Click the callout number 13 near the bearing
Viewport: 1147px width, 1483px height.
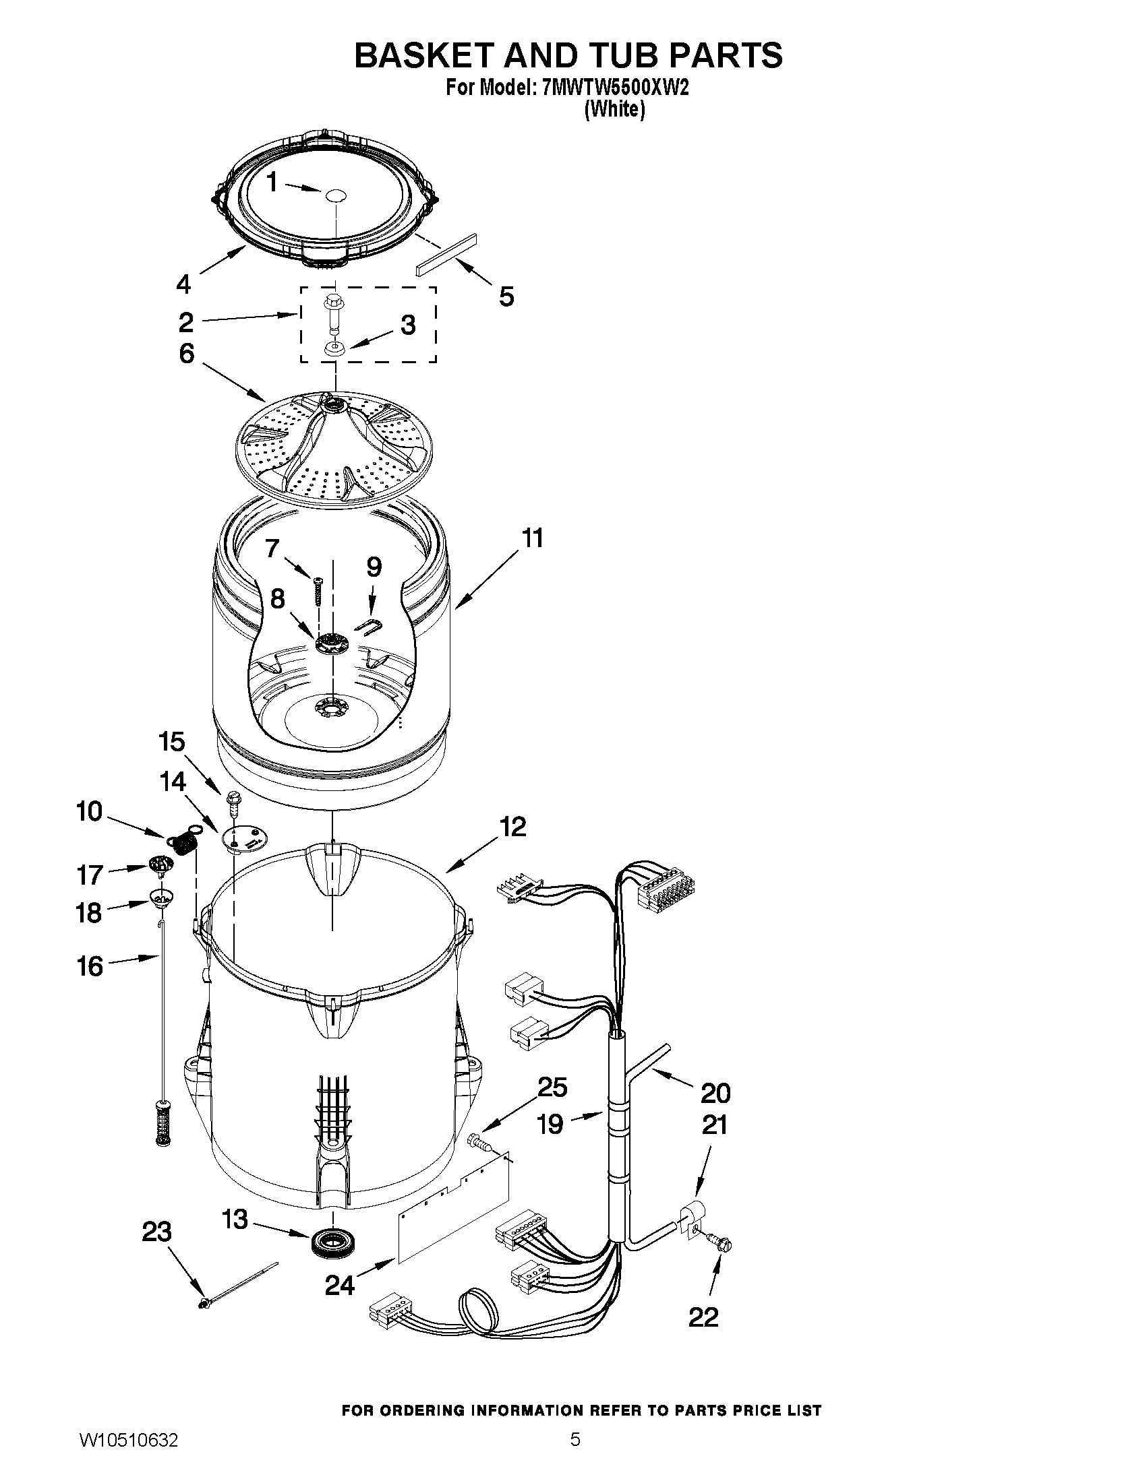tap(235, 1220)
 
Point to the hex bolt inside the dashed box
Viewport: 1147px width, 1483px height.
tap(333, 311)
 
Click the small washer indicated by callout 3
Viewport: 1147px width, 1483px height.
tap(333, 349)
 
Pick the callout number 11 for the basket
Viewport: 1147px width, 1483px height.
tap(533, 538)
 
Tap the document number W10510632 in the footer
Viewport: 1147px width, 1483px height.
tap(129, 1459)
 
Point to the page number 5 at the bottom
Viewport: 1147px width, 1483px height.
tap(575, 1458)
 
